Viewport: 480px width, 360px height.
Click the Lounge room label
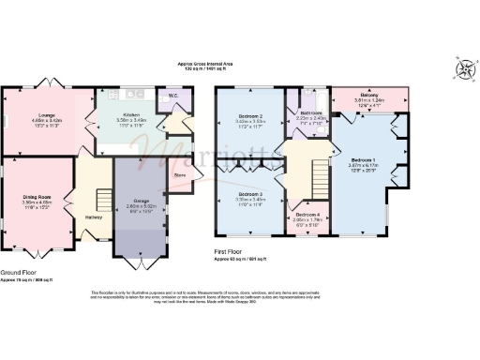click(x=22, y=115)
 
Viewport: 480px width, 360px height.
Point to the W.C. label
click(x=172, y=96)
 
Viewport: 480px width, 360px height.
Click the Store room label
click(x=181, y=174)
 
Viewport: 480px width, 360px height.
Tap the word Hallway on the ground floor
click(x=94, y=217)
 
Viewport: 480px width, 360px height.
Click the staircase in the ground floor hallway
click(x=98, y=198)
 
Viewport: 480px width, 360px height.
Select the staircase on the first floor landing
click(x=322, y=172)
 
